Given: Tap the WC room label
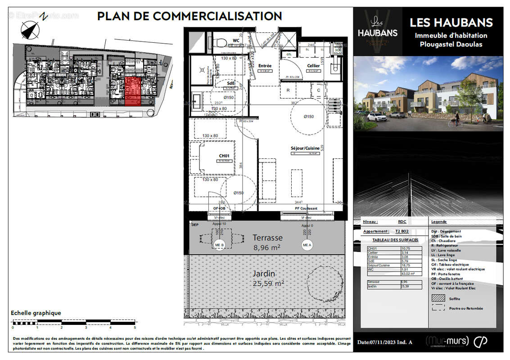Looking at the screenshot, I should point(236,40).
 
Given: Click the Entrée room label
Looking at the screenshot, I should point(265,66).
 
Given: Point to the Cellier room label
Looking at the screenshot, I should point(313,66).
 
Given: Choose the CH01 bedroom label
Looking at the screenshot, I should point(224,156).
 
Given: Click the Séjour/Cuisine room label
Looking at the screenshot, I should point(305,148).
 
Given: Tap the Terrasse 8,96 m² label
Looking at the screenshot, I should point(267,242).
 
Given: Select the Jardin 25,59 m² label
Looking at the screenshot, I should point(269,278).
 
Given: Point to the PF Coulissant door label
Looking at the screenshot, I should point(306,208).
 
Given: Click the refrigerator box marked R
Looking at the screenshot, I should point(288,90).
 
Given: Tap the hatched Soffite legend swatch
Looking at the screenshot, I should point(438,298).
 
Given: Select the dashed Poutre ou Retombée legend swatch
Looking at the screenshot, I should point(438,308).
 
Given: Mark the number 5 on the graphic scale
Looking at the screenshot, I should point(135,327).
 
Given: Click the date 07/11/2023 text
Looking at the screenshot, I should point(385,342).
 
